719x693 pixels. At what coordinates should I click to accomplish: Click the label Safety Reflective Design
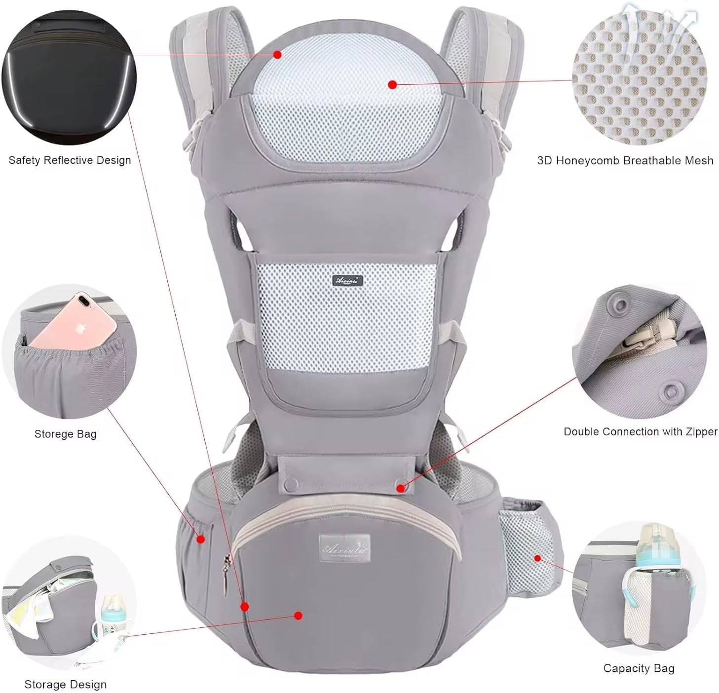coord(70,160)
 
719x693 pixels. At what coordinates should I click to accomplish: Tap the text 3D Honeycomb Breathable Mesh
coord(625,160)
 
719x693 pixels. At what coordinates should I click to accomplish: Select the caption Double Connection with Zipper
coord(640,432)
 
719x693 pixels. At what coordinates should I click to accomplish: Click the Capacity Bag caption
coord(639,668)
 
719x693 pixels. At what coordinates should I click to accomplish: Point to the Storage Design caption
coord(65,685)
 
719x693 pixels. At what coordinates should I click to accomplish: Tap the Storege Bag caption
coord(65,434)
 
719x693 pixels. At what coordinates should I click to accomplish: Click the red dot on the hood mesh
coord(392,85)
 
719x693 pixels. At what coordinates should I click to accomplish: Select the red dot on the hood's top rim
coord(277,55)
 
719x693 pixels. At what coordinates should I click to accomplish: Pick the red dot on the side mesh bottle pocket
coord(537,558)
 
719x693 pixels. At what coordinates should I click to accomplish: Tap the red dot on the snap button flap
coord(401,488)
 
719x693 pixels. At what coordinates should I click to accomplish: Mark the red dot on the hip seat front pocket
coord(298,616)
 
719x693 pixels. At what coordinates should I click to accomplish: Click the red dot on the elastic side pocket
coord(200,539)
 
